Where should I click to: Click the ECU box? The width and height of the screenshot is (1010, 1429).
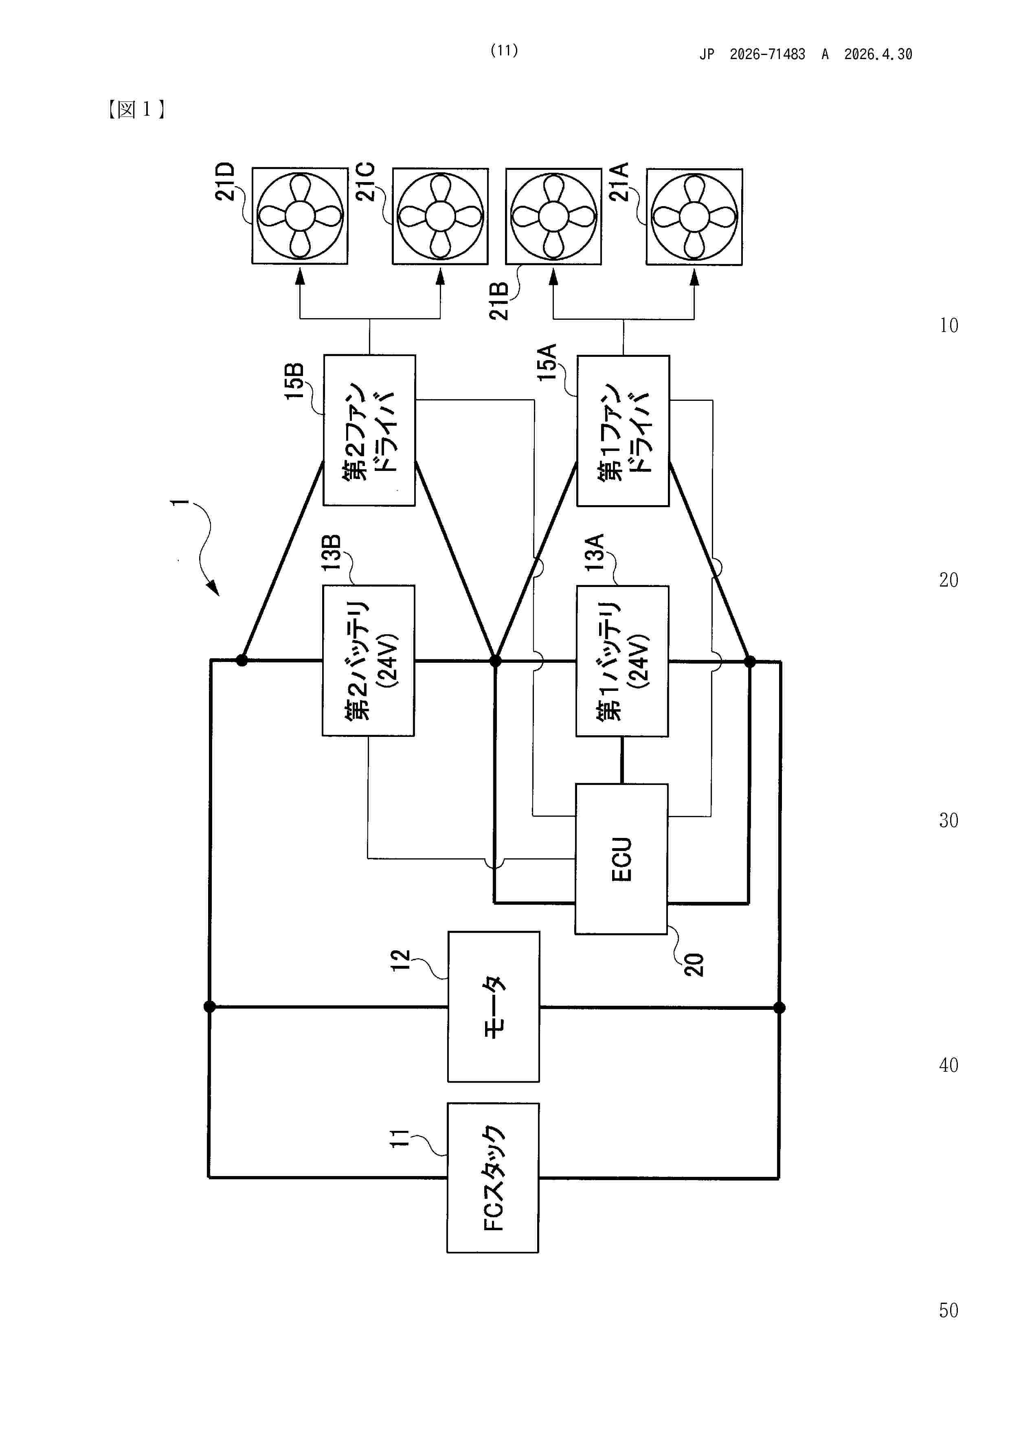pyautogui.click(x=621, y=859)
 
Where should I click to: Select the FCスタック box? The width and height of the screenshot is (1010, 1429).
pyautogui.click(x=493, y=1178)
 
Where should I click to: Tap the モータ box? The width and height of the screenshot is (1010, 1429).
pyautogui.click(x=494, y=1007)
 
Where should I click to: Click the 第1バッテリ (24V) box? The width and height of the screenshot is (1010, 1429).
pyautogui.click(x=622, y=661)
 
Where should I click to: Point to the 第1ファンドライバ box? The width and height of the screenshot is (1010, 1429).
pyautogui.click(x=623, y=431)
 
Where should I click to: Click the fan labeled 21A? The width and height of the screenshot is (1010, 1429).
pyautogui.click(x=694, y=217)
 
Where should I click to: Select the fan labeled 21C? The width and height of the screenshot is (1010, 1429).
pyautogui.click(x=440, y=216)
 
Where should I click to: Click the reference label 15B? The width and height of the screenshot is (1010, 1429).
pyautogui.click(x=294, y=380)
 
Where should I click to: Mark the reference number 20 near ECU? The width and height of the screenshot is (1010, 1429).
pyautogui.click(x=693, y=964)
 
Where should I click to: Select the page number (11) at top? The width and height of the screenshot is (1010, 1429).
pyautogui.click(x=504, y=51)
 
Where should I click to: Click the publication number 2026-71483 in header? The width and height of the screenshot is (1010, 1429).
pyautogui.click(x=767, y=55)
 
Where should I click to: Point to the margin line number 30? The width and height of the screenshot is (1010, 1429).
pyautogui.click(x=949, y=820)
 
